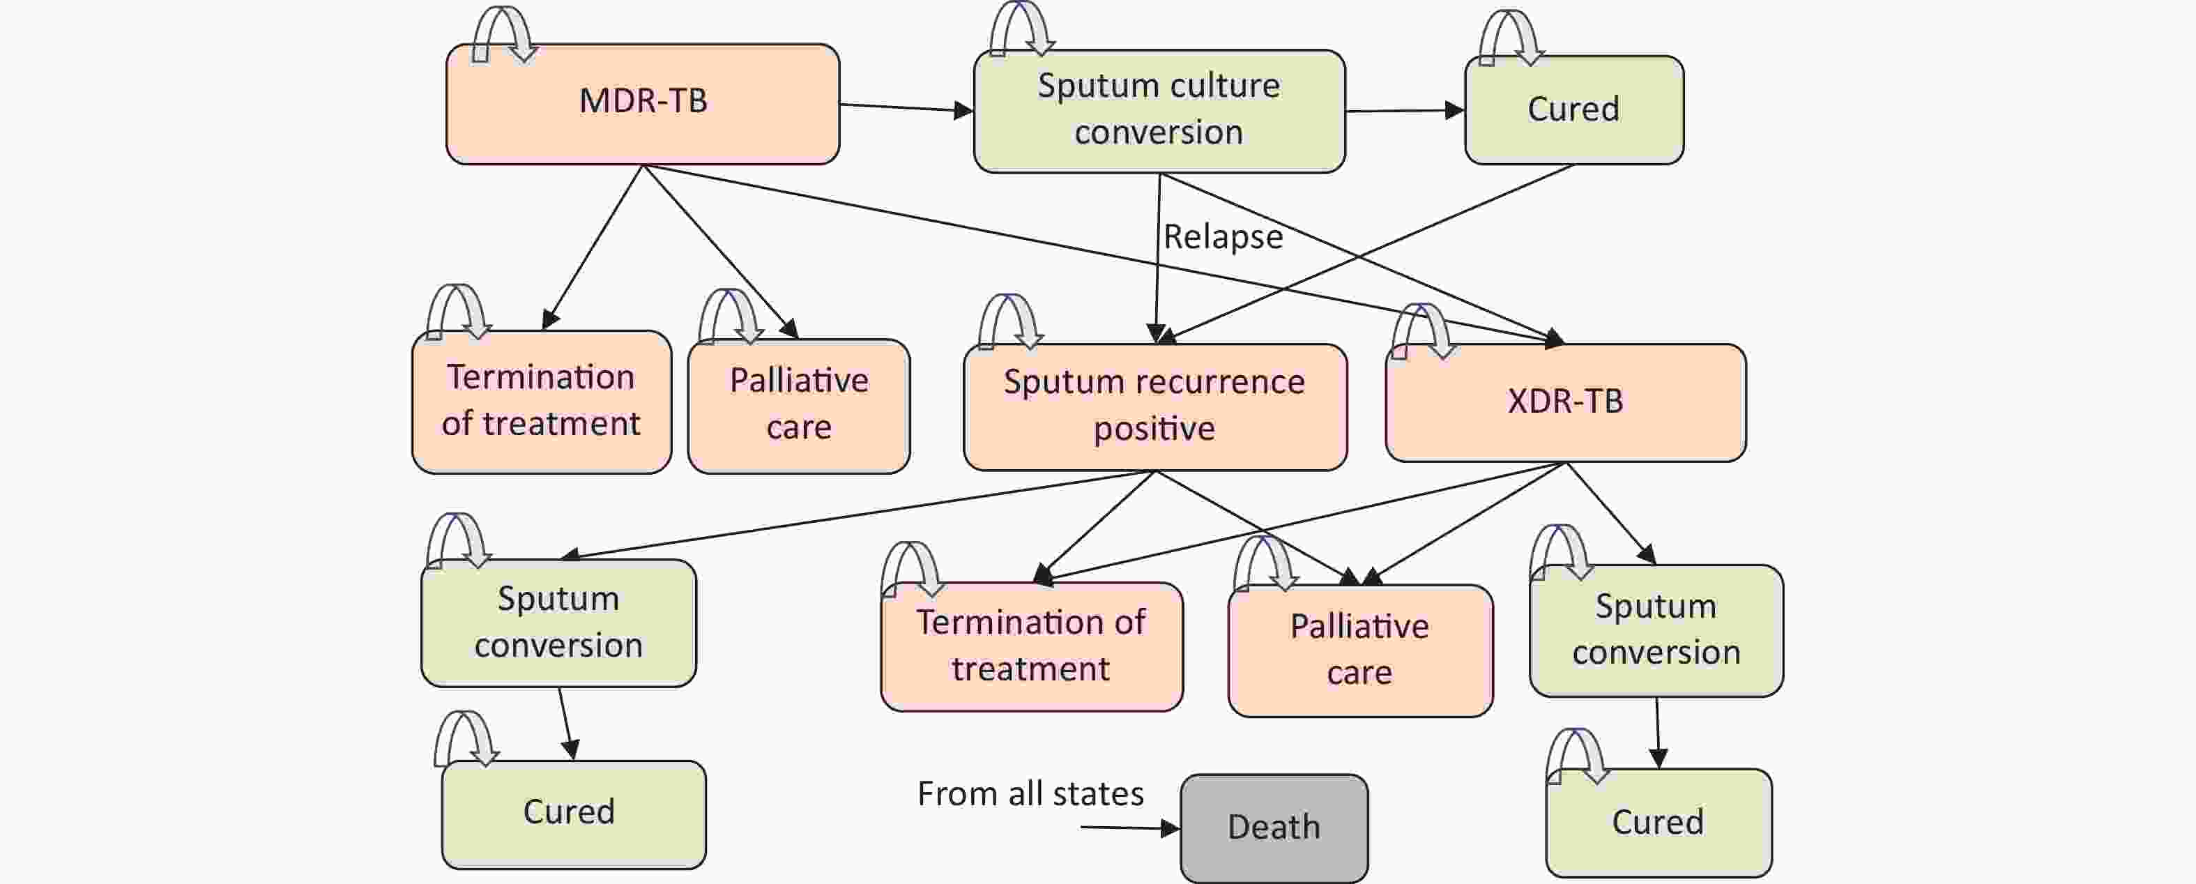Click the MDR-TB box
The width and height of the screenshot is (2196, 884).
click(x=643, y=104)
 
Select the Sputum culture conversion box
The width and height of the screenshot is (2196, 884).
click(x=1159, y=111)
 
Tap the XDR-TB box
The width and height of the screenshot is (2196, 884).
click(x=1565, y=402)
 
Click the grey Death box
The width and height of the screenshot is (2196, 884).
click(x=1274, y=828)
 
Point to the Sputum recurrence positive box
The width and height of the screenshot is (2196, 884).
click(x=1155, y=406)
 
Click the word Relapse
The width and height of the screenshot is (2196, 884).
click(x=1223, y=237)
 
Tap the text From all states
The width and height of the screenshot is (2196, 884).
click(x=1030, y=793)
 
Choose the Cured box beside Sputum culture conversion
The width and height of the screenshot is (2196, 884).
click(x=1573, y=110)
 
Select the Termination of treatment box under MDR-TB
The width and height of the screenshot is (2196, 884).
click(x=541, y=402)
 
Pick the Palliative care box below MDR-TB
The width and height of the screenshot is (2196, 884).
click(x=799, y=406)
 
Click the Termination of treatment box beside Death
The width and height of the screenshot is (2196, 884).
click(x=1032, y=646)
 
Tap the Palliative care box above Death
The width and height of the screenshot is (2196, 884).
click(x=1361, y=650)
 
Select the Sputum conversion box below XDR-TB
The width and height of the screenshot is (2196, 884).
click(x=1656, y=631)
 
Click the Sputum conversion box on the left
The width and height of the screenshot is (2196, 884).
click(x=558, y=623)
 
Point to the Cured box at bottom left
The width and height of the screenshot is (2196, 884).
click(x=574, y=815)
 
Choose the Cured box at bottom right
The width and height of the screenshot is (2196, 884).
click(x=1659, y=823)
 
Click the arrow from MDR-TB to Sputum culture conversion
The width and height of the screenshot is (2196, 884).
click(x=906, y=107)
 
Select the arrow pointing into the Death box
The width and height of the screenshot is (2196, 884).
click(x=1130, y=828)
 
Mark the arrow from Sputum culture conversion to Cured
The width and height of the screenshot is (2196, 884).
click(x=1405, y=111)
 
